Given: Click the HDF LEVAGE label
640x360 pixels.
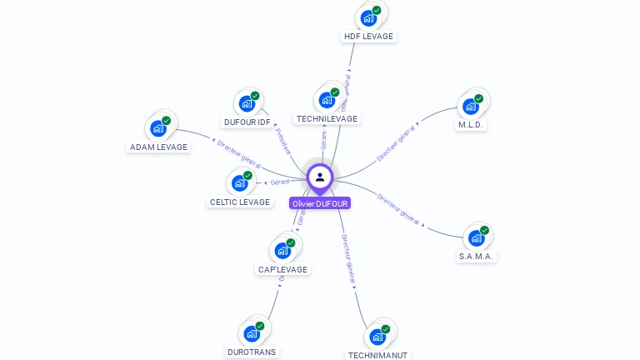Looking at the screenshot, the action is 368,37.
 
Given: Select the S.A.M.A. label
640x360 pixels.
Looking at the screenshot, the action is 477,257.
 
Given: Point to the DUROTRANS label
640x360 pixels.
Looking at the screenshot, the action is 252,352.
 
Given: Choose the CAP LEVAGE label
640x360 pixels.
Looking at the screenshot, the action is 282,270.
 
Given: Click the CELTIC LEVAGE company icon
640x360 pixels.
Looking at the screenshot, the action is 240,182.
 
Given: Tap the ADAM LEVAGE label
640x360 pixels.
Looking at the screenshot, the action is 158,147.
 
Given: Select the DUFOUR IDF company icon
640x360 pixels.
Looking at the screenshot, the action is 247,103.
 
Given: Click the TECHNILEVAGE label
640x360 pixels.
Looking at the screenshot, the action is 327,119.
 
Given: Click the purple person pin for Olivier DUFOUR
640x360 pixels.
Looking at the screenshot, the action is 320,177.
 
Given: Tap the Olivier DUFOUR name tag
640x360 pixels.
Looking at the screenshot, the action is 320,203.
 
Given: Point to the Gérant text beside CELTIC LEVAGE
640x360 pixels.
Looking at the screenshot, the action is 279,182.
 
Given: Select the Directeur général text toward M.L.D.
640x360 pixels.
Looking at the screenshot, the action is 396,144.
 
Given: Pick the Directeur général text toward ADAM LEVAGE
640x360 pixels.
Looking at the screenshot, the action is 238,155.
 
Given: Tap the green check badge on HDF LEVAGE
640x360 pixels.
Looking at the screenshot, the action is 377,11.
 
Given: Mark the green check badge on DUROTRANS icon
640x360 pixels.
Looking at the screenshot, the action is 260,326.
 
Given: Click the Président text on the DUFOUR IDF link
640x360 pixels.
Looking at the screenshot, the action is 283,140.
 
